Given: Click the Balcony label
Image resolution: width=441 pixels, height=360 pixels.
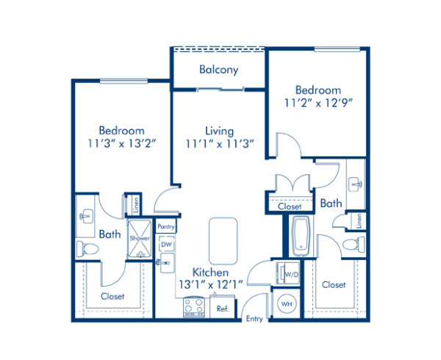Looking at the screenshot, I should tap(218, 71).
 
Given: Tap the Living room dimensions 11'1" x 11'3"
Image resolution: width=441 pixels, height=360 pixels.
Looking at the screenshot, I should tap(218, 144).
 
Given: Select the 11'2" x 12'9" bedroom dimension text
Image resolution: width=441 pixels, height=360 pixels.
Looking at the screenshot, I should tap(318, 103).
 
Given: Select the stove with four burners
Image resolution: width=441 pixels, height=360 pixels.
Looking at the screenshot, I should tap(195, 305).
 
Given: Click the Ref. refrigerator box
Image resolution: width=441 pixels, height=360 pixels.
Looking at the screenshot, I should tap(223, 309).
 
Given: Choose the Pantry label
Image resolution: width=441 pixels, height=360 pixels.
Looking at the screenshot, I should tap(165, 228).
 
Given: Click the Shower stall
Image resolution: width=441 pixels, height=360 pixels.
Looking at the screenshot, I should tap(139, 240).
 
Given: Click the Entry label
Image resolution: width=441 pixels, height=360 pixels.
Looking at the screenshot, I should tap(254, 318).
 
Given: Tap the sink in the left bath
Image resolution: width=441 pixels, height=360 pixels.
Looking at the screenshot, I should tap(86, 215).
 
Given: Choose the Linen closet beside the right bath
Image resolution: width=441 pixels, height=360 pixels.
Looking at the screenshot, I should tap(359, 220).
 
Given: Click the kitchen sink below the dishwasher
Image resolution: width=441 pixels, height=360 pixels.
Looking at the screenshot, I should tap(165, 261).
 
